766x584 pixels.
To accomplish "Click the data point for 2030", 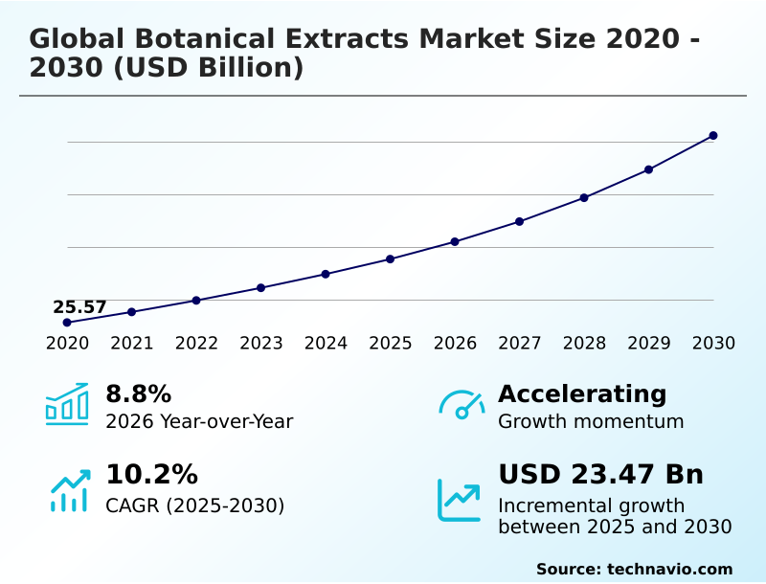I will [x=713, y=136].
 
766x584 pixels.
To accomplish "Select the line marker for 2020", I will [x=67, y=323].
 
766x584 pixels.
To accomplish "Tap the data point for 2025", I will [x=391, y=259].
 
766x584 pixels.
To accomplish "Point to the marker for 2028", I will [x=584, y=197].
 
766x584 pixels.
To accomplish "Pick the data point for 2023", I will [x=260, y=288].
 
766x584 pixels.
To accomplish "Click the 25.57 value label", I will [x=79, y=307].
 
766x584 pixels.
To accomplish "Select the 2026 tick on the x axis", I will [x=455, y=344].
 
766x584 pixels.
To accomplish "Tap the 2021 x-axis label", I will [x=132, y=344].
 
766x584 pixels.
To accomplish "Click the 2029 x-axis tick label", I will [x=649, y=344].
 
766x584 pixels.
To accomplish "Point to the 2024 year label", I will [x=326, y=344].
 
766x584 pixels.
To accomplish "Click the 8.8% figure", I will [x=138, y=393].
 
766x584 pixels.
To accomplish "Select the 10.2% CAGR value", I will [x=151, y=474].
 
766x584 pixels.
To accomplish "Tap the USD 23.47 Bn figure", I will [x=600, y=474].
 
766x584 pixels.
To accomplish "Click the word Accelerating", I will [x=582, y=393].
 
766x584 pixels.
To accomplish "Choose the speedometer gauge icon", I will [x=461, y=405].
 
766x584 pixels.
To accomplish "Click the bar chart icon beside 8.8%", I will [x=67, y=404].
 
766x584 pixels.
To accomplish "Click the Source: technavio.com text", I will [x=634, y=569].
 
